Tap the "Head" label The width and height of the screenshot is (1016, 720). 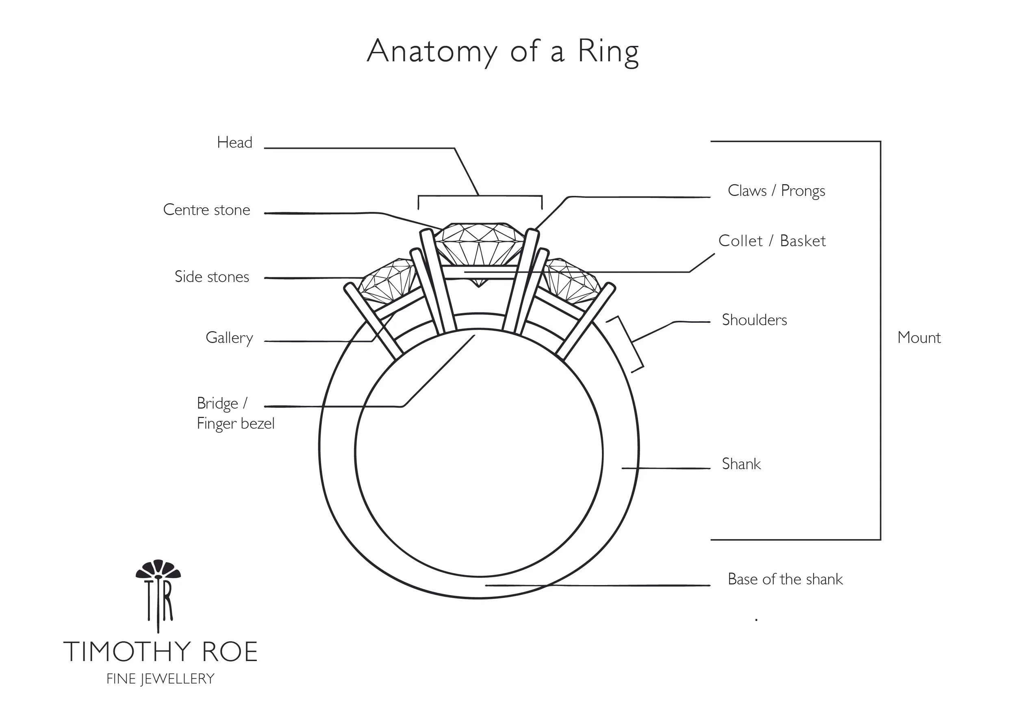tap(234, 143)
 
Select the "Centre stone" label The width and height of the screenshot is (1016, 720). tap(206, 210)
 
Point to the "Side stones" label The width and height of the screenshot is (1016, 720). tap(212, 276)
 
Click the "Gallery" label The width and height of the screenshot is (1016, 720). tap(229, 338)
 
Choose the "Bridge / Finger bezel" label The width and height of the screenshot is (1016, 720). tap(235, 413)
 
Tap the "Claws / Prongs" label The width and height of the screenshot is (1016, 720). tap(776, 191)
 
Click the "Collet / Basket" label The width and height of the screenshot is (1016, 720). tap(772, 241)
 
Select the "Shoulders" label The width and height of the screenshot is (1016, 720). tap(754, 320)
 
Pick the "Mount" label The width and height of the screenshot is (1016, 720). tap(918, 338)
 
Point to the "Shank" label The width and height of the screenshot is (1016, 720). tap(741, 464)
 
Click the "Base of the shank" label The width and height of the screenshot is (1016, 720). tap(785, 579)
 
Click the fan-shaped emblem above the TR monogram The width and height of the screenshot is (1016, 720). tap(158, 570)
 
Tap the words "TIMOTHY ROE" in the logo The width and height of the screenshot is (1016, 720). tap(161, 652)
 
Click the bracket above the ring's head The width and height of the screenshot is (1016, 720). tap(480, 196)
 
